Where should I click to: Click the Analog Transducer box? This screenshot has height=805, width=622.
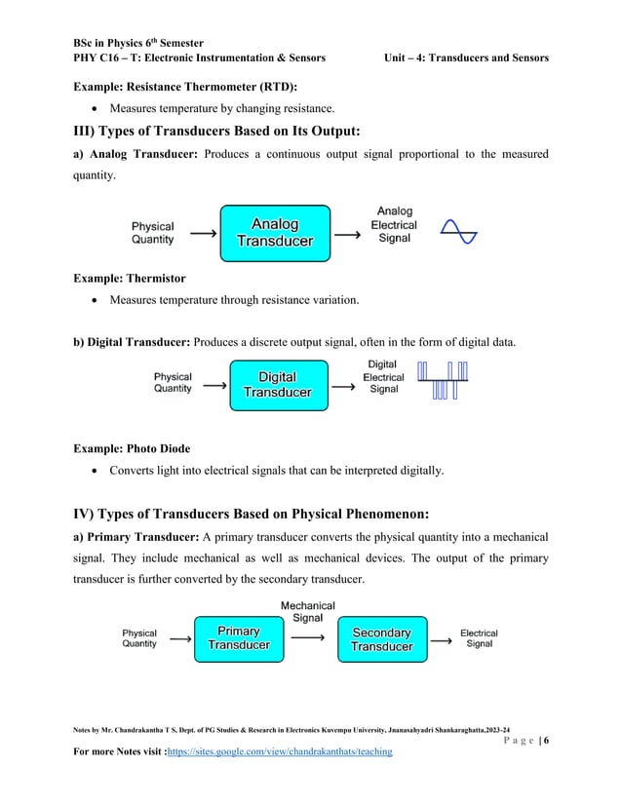point(276,232)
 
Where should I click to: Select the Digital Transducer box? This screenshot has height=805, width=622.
point(277,385)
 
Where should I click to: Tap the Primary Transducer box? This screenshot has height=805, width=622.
point(238,639)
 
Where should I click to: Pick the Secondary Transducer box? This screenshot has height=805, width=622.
point(381,640)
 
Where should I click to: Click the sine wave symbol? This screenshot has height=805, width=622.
point(458,232)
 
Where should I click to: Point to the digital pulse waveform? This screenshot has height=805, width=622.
point(443,380)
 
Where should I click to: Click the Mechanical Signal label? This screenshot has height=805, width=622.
point(308,612)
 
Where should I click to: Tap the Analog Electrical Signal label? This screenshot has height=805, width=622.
point(394,224)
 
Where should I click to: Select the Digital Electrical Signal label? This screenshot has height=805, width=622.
point(383,377)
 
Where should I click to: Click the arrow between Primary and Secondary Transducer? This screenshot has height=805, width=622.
point(309,639)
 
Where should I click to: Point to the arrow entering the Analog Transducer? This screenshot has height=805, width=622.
point(202,234)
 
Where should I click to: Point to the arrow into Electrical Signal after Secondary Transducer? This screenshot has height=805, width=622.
point(442,639)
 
